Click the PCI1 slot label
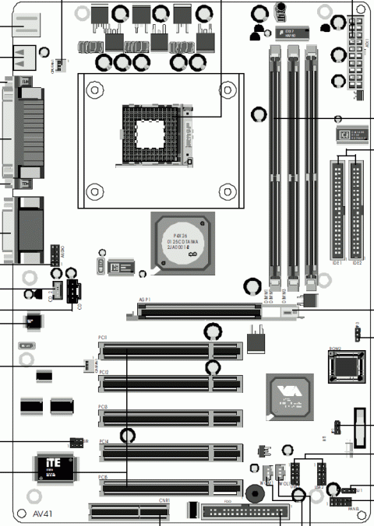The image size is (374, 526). tap(103, 338)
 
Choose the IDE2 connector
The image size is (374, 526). tap(356, 219)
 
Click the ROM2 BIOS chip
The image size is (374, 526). tap(342, 367)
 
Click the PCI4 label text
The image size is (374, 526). tap(103, 441)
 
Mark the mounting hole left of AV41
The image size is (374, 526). tap(32, 496)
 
